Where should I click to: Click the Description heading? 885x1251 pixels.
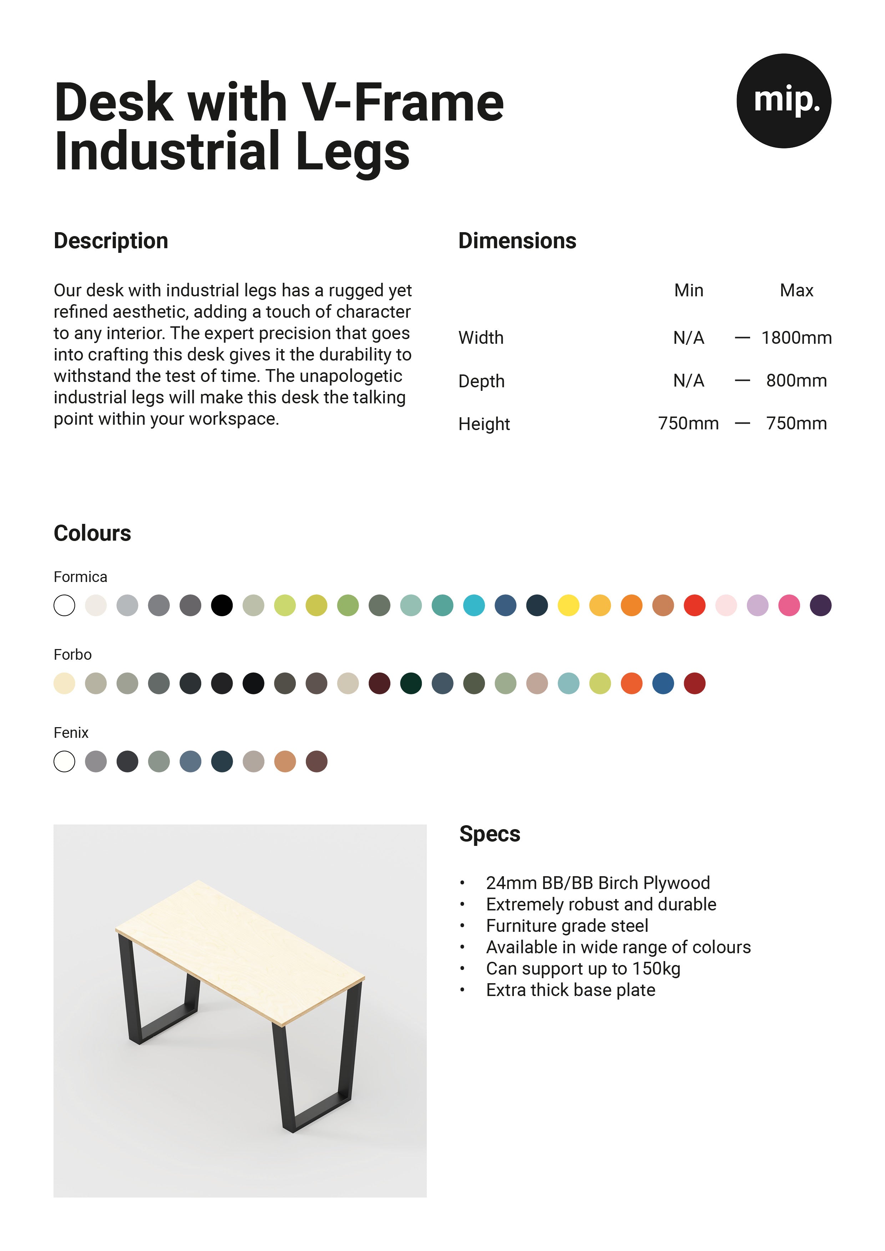(111, 241)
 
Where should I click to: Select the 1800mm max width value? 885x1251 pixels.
(796, 338)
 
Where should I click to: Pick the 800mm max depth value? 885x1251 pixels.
(796, 380)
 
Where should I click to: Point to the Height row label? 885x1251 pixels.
(484, 424)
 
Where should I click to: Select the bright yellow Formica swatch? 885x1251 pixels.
(568, 605)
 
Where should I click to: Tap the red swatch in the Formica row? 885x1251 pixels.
(694, 605)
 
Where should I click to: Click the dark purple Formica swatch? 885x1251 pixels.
(820, 605)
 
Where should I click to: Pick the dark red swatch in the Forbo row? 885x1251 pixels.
(694, 683)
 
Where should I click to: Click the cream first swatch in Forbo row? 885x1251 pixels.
(64, 683)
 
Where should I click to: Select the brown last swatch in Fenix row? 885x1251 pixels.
(316, 761)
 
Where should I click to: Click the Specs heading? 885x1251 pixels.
(489, 834)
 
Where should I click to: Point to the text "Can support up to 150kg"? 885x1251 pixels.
(583, 969)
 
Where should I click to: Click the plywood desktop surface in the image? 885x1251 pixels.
(240, 948)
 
